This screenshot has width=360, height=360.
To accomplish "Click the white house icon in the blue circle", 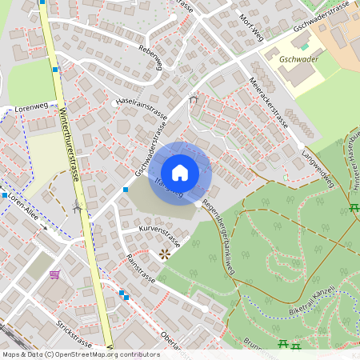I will [x=180, y=172].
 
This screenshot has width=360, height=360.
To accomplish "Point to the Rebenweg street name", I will [x=150, y=57].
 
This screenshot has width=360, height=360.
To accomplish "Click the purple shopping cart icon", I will [x=54, y=274].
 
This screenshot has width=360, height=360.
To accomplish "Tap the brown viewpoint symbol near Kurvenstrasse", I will [x=165, y=254].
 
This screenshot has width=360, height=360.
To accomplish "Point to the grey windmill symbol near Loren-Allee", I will [x=78, y=208].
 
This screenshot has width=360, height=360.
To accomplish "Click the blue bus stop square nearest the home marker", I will [x=126, y=190].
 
